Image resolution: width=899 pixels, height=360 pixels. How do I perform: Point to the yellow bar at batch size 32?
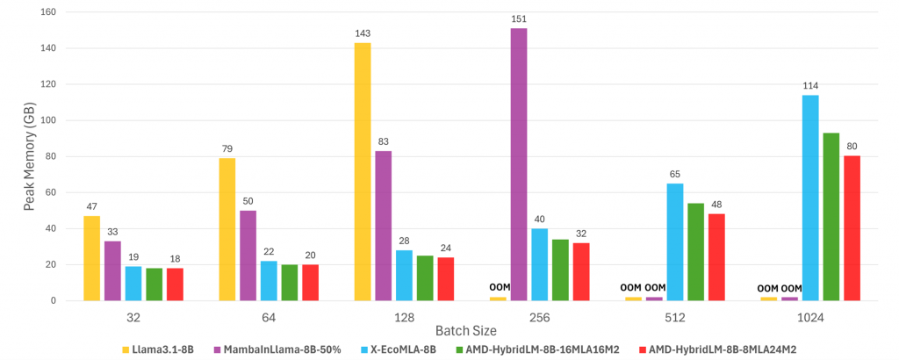tap(91, 258)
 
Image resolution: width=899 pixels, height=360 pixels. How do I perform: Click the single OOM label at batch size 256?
tap(497, 288)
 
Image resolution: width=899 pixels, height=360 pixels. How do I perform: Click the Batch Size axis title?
tap(466, 331)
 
